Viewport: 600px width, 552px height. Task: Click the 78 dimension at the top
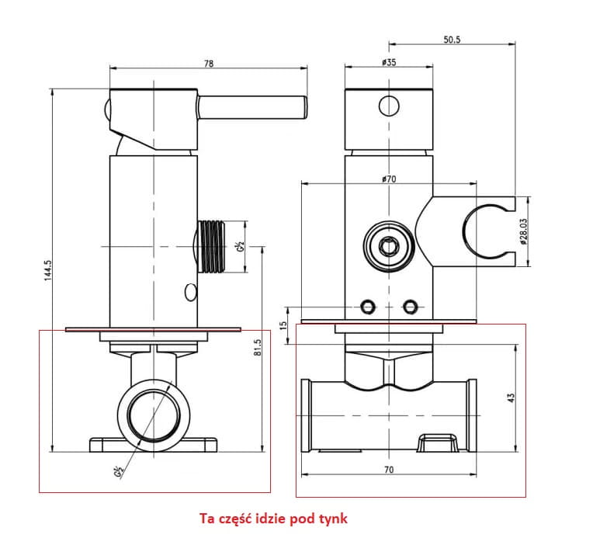coord(208,64)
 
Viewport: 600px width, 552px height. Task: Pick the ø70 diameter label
coord(389,179)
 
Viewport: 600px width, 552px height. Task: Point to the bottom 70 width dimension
coord(389,469)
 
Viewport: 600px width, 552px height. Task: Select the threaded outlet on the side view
coord(212,246)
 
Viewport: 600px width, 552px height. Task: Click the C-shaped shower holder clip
coord(487,231)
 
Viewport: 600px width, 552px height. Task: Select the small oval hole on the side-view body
coord(190,293)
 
